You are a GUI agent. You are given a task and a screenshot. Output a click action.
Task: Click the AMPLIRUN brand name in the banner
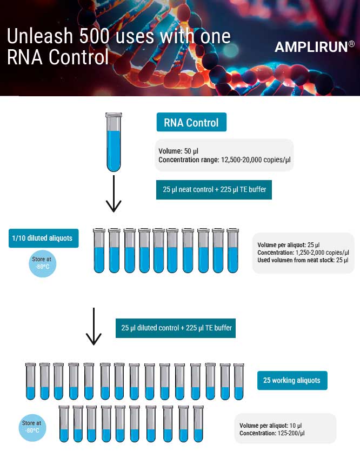click(x=311, y=47)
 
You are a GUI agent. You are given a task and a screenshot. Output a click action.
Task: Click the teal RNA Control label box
click(x=191, y=123)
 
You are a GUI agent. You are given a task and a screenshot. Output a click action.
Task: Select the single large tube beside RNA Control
click(x=114, y=142)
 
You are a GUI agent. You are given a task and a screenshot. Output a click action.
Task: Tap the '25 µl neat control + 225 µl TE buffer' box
click(x=214, y=190)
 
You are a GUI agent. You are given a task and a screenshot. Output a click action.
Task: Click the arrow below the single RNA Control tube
click(x=114, y=193)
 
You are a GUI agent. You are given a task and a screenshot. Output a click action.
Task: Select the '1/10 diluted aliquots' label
click(x=43, y=238)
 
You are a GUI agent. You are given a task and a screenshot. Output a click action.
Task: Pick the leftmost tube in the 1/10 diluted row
click(x=99, y=250)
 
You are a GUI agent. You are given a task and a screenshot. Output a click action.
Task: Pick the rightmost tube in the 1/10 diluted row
click(x=232, y=250)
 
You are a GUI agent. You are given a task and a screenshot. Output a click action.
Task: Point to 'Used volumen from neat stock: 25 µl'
click(x=303, y=260)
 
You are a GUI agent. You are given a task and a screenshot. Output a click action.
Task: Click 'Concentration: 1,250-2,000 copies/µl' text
click(x=303, y=253)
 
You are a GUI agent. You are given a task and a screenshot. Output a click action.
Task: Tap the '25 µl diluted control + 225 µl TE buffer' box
click(x=176, y=328)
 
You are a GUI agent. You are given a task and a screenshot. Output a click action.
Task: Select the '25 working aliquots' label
click(x=292, y=380)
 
